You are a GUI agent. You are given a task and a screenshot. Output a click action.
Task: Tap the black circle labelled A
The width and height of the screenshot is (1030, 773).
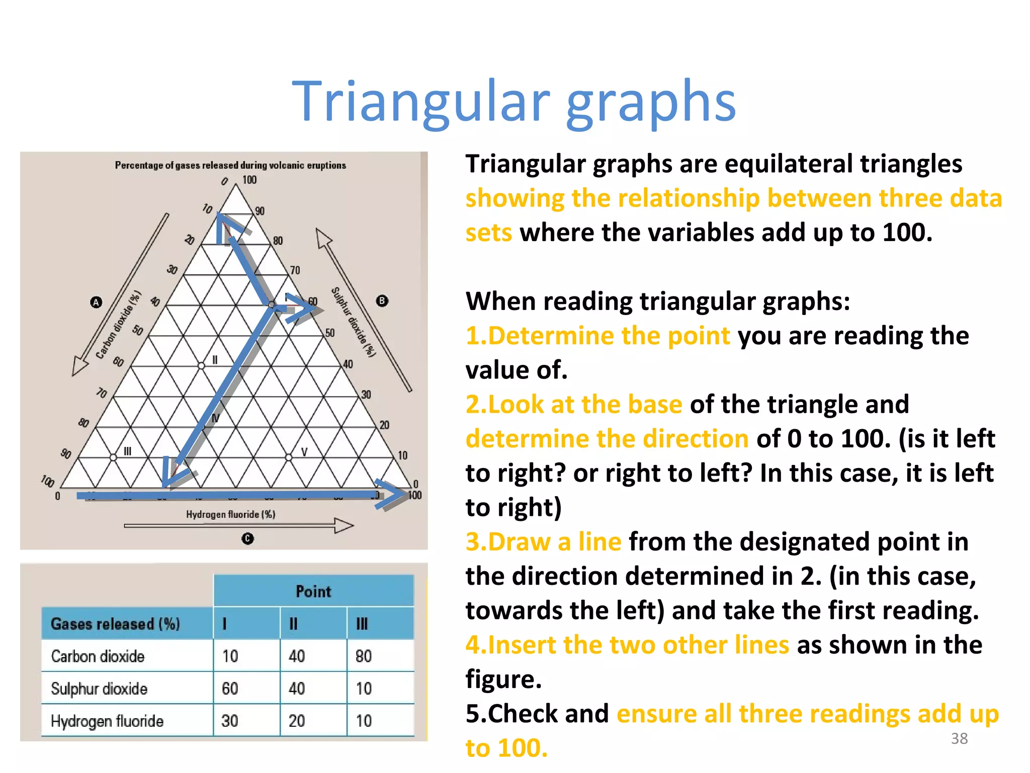pyautogui.click(x=96, y=302)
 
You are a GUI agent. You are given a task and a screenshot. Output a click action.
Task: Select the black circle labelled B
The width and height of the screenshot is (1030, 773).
pyautogui.click(x=382, y=301)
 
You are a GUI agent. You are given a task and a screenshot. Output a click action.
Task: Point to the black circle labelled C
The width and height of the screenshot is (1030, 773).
pyautogui.click(x=247, y=538)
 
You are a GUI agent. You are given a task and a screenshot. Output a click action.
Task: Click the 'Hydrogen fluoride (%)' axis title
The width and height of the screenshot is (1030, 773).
pyautogui.click(x=230, y=514)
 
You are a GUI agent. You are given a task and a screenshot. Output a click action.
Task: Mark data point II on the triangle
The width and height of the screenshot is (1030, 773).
pyautogui.click(x=202, y=366)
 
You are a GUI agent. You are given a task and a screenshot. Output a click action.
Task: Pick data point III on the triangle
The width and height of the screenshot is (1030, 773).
pyautogui.click(x=114, y=457)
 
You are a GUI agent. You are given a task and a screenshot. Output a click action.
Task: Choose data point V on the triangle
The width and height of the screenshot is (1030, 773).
pyautogui.click(x=288, y=457)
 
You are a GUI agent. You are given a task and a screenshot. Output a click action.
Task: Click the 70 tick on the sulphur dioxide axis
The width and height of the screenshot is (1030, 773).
pyautogui.click(x=295, y=271)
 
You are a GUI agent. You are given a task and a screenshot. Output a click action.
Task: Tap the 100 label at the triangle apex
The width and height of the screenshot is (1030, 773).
pyautogui.click(x=249, y=180)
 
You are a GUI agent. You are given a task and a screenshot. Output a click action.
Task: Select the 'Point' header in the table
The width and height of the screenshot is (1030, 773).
pyautogui.click(x=313, y=591)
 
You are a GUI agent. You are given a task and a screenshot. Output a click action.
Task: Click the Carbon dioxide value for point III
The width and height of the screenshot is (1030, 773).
pyautogui.click(x=364, y=656)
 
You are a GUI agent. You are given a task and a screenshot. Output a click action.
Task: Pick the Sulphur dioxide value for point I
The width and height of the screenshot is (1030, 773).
pyautogui.click(x=230, y=688)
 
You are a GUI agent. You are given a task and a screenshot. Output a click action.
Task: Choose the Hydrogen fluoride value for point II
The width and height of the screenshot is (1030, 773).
pyautogui.click(x=297, y=721)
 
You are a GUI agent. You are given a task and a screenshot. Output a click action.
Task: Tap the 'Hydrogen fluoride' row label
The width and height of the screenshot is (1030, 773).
pyautogui.click(x=107, y=721)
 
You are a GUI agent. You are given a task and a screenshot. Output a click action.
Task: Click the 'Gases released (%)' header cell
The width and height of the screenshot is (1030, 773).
pyautogui.click(x=115, y=624)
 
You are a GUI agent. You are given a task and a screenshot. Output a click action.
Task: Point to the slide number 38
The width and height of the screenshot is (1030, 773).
pyautogui.click(x=959, y=738)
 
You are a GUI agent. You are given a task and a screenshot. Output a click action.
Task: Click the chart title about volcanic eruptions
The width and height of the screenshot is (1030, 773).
pyautogui.click(x=230, y=165)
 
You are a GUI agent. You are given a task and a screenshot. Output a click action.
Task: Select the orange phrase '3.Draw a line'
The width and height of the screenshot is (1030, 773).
pyautogui.click(x=544, y=542)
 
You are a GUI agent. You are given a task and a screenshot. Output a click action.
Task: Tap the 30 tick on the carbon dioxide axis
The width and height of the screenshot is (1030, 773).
pyautogui.click(x=172, y=270)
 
